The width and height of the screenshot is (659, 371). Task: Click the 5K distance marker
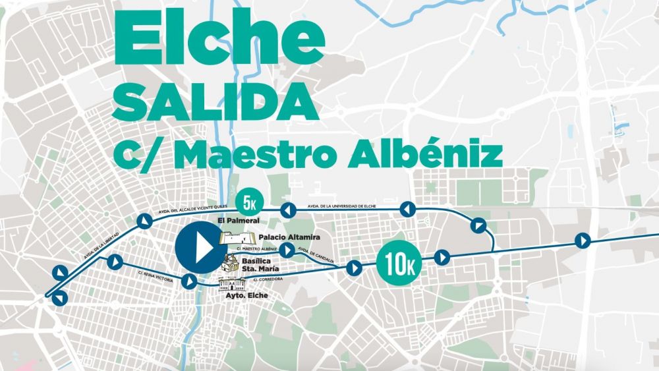pyautogui.click(x=246, y=201)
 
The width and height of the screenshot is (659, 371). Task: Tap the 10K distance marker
pyautogui.click(x=399, y=265)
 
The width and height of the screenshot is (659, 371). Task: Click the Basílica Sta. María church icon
pyautogui.click(x=231, y=264)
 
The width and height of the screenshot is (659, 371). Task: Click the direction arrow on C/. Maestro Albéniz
pyautogui.click(x=287, y=250)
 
